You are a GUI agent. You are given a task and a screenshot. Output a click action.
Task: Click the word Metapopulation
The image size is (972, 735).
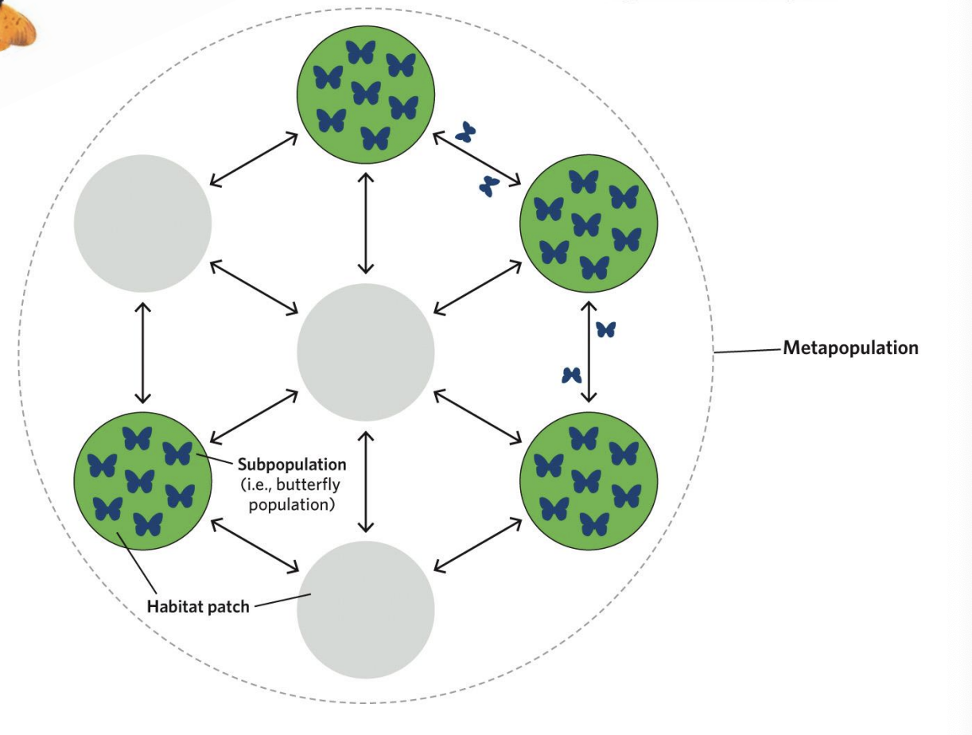tap(850, 348)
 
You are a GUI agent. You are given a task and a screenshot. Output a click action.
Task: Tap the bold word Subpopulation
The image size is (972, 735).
tap(292, 464)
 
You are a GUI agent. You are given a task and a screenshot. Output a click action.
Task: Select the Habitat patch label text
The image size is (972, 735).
tap(198, 607)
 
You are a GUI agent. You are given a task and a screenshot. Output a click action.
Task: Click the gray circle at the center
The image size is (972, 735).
tap(366, 352)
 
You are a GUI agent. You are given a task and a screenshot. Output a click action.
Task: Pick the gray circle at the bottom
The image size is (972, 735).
tap(366, 609)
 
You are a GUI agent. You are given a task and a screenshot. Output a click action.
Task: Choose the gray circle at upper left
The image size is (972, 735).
tap(143, 224)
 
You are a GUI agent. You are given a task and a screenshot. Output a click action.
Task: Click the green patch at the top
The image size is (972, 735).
tap(366, 95)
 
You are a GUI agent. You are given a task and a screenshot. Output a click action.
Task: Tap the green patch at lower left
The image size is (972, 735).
tap(143, 480)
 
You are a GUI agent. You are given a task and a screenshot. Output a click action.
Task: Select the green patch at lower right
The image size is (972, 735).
tap(589, 480)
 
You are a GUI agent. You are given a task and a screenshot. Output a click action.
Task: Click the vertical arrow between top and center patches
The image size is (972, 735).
tap(366, 223)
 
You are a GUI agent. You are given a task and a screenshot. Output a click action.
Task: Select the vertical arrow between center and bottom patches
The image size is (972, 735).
tap(366, 481)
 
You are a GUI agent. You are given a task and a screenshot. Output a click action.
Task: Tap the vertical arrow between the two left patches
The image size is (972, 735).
tap(143, 352)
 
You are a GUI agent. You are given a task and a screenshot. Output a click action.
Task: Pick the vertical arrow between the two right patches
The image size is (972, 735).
tap(589, 352)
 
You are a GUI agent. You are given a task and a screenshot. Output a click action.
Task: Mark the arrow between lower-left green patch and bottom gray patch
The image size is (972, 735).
tap(255, 545)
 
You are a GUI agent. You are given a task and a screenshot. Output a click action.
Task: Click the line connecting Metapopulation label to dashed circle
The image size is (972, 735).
tap(748, 350)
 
